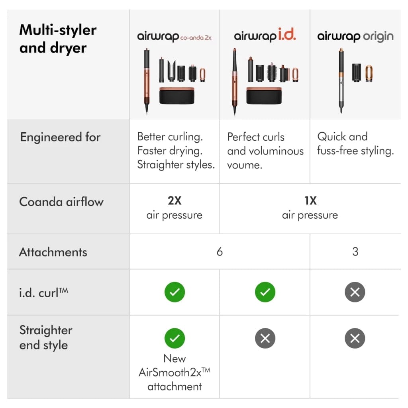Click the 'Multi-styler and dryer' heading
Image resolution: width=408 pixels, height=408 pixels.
click(x=58, y=39)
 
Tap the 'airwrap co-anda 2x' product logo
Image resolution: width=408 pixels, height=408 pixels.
click(x=175, y=37)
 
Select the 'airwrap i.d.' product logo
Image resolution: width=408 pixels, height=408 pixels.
click(x=265, y=36)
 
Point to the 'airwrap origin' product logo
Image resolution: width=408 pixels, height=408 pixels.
click(x=355, y=37)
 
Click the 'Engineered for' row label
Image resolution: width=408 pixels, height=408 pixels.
click(x=60, y=137)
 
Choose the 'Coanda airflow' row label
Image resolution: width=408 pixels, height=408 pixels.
click(x=61, y=201)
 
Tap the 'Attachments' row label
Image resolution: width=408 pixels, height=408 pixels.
click(x=53, y=252)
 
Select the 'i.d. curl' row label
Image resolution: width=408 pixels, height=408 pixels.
click(x=44, y=292)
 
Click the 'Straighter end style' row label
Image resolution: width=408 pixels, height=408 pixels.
click(x=46, y=337)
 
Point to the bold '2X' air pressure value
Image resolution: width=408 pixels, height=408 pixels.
click(x=175, y=201)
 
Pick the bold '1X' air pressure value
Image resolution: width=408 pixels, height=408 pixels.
click(x=310, y=201)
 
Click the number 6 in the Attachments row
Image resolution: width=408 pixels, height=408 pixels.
click(x=220, y=252)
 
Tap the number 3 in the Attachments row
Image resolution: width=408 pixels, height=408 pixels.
click(x=355, y=252)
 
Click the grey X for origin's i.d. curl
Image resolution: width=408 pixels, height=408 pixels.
click(x=355, y=292)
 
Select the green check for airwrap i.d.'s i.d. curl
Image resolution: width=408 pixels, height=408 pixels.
click(x=265, y=292)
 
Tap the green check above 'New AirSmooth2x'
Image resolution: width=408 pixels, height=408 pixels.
click(x=175, y=338)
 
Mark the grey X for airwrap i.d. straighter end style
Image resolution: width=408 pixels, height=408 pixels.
click(x=265, y=338)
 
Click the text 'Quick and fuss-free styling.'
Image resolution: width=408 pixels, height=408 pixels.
click(x=355, y=144)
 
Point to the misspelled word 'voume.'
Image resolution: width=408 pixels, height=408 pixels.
click(x=244, y=165)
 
